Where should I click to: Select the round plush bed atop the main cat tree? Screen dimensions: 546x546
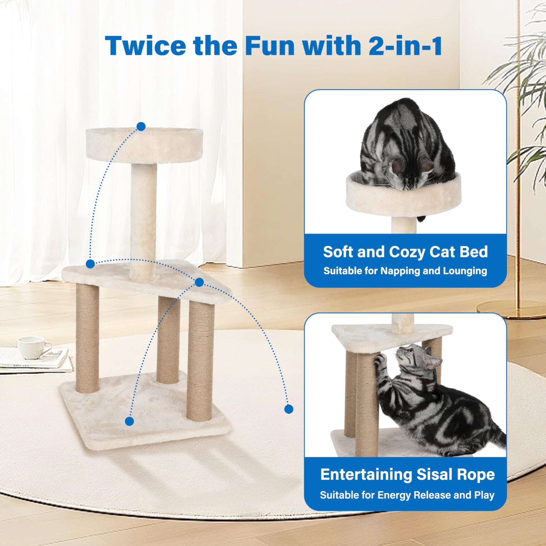pyautogui.click(x=144, y=145)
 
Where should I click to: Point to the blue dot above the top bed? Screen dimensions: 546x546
pyautogui.click(x=141, y=126)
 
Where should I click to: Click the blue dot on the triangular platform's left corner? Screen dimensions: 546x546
pyautogui.click(x=90, y=264)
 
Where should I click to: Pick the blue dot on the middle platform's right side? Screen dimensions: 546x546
pyautogui.click(x=199, y=282)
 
